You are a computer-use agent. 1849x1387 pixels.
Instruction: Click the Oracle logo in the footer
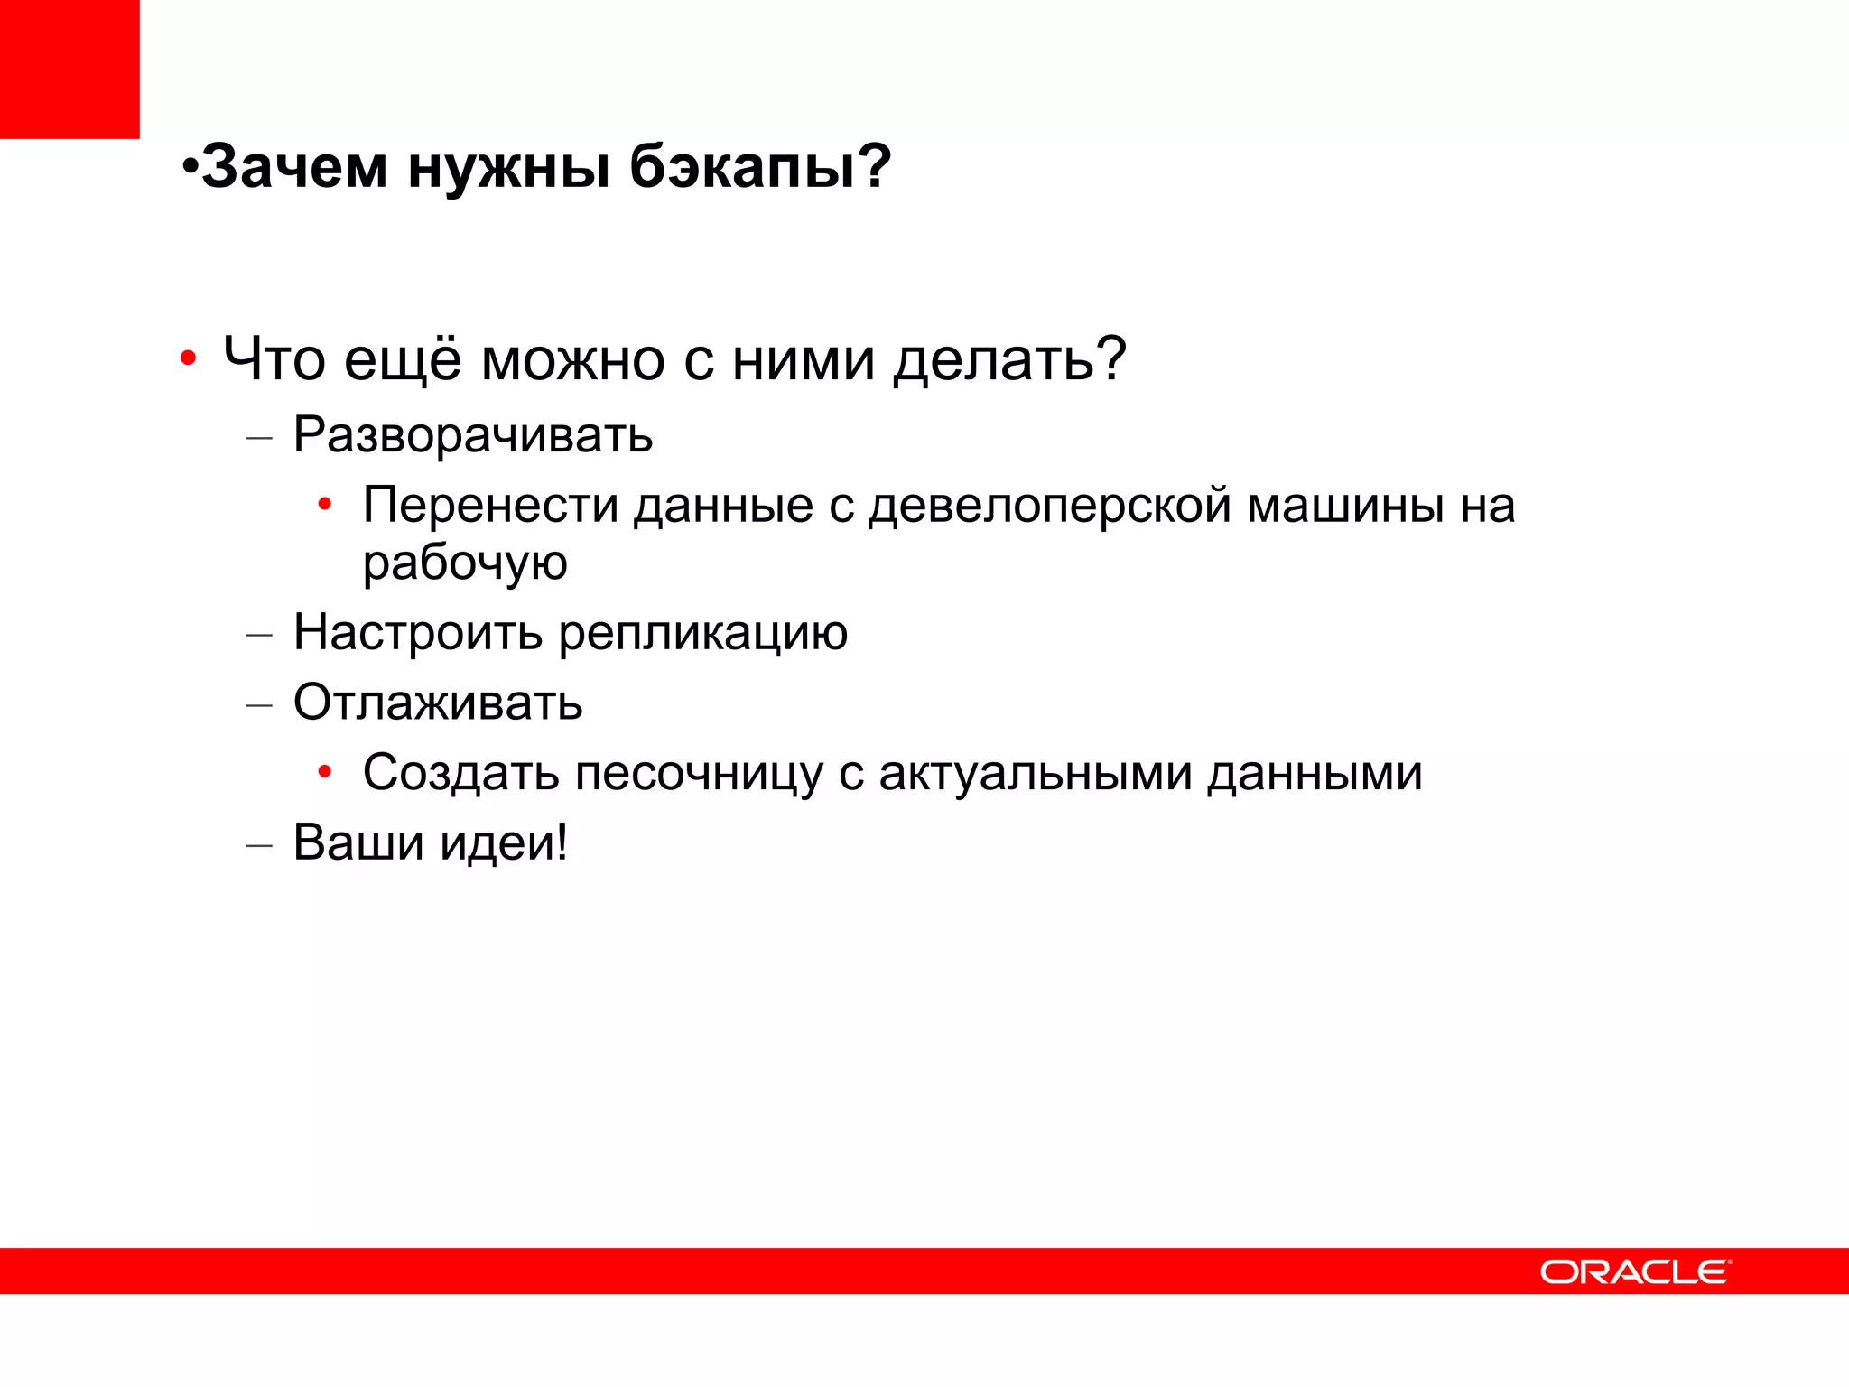tap(1635, 1271)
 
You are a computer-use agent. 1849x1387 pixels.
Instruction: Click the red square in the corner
tap(70, 69)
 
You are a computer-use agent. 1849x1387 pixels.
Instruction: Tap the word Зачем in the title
tap(294, 167)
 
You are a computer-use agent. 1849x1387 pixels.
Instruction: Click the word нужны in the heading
tap(509, 169)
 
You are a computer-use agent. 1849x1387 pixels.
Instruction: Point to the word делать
tap(1009, 360)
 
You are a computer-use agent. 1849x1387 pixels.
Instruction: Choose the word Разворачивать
tap(473, 435)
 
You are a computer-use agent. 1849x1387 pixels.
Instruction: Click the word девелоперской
tap(1050, 505)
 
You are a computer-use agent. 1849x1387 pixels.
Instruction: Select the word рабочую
tap(465, 563)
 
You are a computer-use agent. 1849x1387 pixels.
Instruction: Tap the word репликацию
tap(703, 633)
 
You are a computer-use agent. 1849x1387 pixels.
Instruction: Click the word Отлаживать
tap(438, 703)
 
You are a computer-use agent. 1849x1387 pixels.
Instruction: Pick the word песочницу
tap(699, 774)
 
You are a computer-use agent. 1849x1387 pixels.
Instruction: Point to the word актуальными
tap(1036, 774)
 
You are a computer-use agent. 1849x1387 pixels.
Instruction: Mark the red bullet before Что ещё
tap(188, 359)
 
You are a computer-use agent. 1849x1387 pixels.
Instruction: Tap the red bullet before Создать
tap(325, 772)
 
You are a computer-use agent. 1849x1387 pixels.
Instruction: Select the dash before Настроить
tap(259, 635)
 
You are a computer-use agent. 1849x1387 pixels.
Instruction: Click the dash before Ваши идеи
tap(259, 845)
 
